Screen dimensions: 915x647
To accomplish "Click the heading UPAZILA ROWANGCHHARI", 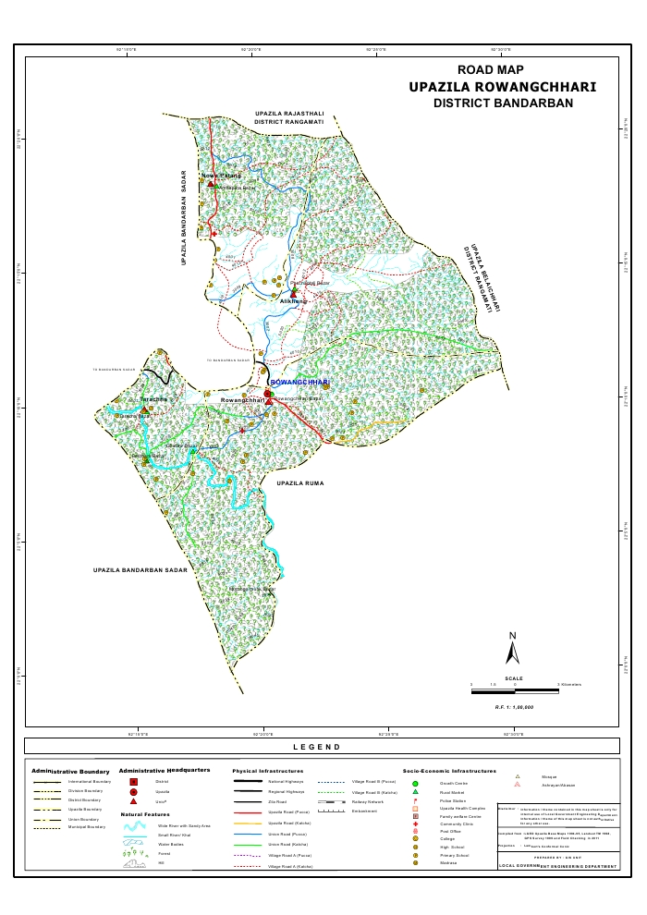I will pyautogui.click(x=490, y=86).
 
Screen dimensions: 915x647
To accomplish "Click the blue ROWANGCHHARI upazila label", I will pyautogui.click(x=299, y=382).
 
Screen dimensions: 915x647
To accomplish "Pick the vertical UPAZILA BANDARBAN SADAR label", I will pyautogui.click(x=185, y=218).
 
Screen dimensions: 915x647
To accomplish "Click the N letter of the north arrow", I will pyautogui.click(x=512, y=635).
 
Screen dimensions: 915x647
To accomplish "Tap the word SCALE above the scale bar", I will pyautogui.click(x=514, y=677).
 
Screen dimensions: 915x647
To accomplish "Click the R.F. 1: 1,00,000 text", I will pyautogui.click(x=513, y=706).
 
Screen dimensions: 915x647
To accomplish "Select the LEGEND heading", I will pyautogui.click(x=316, y=747).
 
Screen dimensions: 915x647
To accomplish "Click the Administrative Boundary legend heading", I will pyautogui.click(x=70, y=770).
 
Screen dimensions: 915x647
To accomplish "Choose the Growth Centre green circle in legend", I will pyautogui.click(x=416, y=783).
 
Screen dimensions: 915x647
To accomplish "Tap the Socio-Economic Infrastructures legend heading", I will pyautogui.click(x=449, y=770).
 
